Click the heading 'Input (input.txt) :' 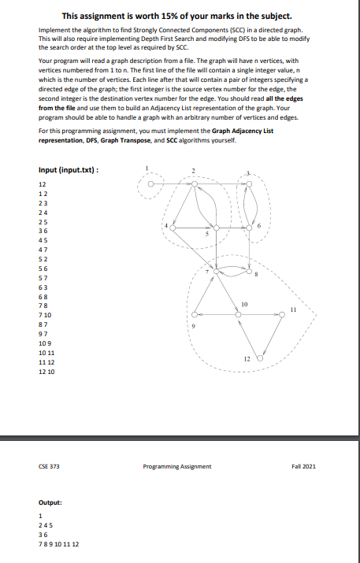pos(69,170)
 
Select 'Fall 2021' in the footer pos(302,466)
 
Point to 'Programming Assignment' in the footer pos(177,466)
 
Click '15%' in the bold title pos(186,16)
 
